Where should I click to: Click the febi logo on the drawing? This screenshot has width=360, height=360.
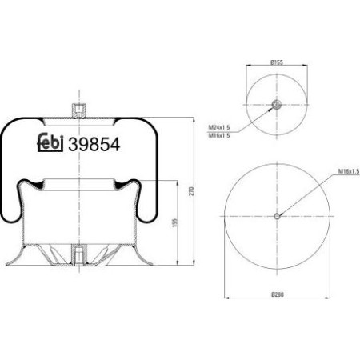click(53, 144)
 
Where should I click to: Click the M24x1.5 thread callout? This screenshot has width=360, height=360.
click(218, 127)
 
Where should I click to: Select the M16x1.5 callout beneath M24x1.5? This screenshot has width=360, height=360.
click(218, 135)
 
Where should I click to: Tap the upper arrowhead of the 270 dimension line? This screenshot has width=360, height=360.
click(195, 118)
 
